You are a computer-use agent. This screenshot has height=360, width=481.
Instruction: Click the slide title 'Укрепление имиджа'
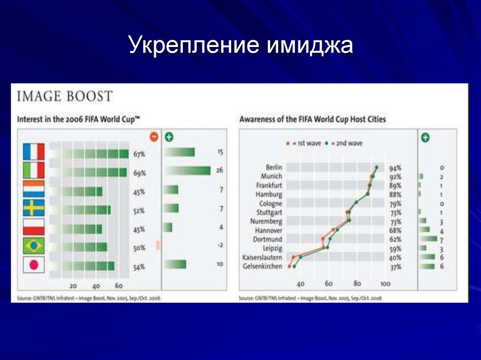[x=240, y=46]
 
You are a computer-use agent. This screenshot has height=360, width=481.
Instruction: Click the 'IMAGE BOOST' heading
[x=65, y=97]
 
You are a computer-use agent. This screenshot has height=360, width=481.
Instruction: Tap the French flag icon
[x=34, y=152]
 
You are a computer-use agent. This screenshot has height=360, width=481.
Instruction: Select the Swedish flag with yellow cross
[x=34, y=207]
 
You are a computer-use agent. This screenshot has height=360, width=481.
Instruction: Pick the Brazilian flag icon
[x=34, y=245]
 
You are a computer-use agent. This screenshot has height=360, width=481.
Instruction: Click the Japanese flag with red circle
[x=34, y=265]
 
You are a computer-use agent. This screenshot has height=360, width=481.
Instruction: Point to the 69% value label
[x=140, y=173]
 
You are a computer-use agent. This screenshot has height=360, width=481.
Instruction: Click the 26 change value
[x=219, y=171]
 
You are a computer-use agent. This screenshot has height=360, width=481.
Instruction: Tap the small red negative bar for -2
[x=158, y=245]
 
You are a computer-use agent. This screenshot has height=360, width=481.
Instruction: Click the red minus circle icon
[x=154, y=137]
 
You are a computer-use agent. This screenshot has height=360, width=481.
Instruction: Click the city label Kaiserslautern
[x=262, y=258]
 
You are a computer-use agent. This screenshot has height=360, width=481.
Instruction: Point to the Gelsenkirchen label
[x=263, y=267]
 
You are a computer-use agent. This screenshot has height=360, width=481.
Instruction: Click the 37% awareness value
[x=395, y=267]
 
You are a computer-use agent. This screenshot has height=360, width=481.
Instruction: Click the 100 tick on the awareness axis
[x=385, y=284]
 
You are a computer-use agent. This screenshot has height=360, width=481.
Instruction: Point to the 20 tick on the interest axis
[x=73, y=286]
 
